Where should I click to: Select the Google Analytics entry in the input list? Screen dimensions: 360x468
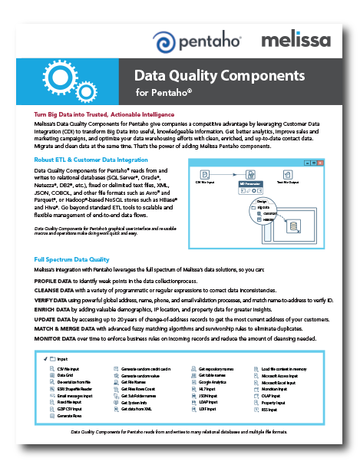(x=213, y=381)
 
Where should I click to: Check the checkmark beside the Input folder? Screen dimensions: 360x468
(x=45, y=359)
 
